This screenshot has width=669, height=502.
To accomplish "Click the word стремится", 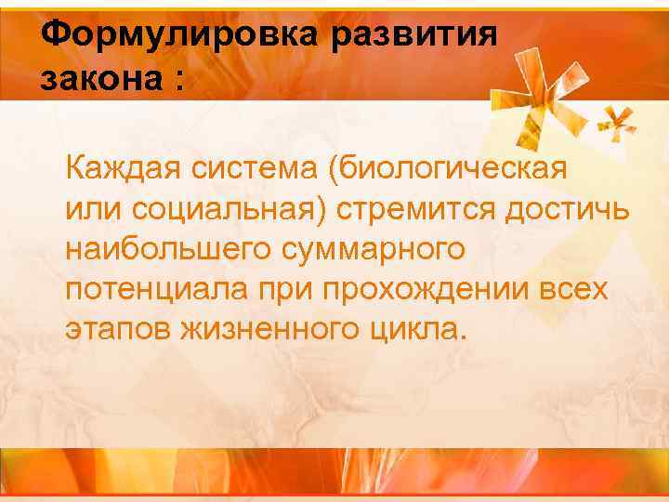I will (418, 210).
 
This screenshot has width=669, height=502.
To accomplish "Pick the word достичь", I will (567, 210).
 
